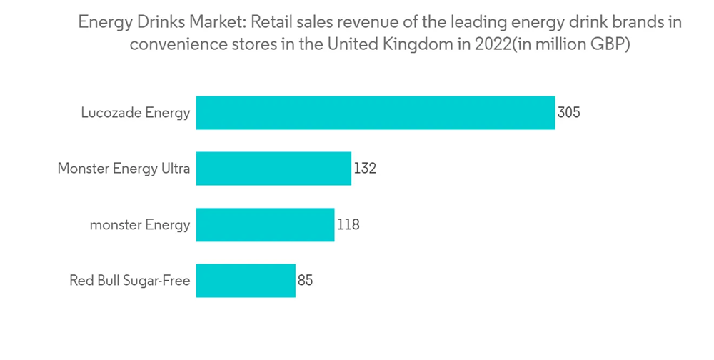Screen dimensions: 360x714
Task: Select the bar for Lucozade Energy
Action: click(375, 113)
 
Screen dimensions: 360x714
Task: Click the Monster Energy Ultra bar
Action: click(273, 169)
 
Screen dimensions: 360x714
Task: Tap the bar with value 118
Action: click(265, 225)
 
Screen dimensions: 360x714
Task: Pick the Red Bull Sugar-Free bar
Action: click(246, 281)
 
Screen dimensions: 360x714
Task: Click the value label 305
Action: click(569, 113)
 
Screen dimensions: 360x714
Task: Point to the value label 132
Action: click(365, 169)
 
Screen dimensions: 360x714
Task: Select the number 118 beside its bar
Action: click(348, 225)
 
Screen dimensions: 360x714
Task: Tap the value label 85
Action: click(306, 281)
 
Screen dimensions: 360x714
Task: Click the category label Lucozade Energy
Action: click(136, 113)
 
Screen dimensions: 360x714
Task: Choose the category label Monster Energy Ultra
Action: click(124, 169)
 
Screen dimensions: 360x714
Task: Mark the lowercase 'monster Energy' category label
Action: click(140, 225)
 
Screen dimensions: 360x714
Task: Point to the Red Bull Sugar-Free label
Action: click(130, 281)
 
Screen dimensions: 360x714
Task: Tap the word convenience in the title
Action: click(171, 44)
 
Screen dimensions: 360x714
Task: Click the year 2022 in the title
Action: click(492, 44)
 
